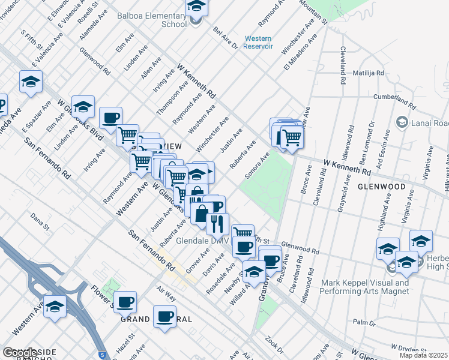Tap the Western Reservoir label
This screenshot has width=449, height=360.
259,43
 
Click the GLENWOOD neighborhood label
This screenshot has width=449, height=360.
382,187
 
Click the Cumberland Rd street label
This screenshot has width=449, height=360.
394,100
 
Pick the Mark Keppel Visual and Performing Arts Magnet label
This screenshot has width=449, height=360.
366,287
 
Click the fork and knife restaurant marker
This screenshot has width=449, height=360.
217,224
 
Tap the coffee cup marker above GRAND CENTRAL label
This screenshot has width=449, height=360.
164,316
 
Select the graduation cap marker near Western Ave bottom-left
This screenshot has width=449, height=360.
55,307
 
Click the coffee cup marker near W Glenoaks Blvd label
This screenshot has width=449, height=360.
110,118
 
